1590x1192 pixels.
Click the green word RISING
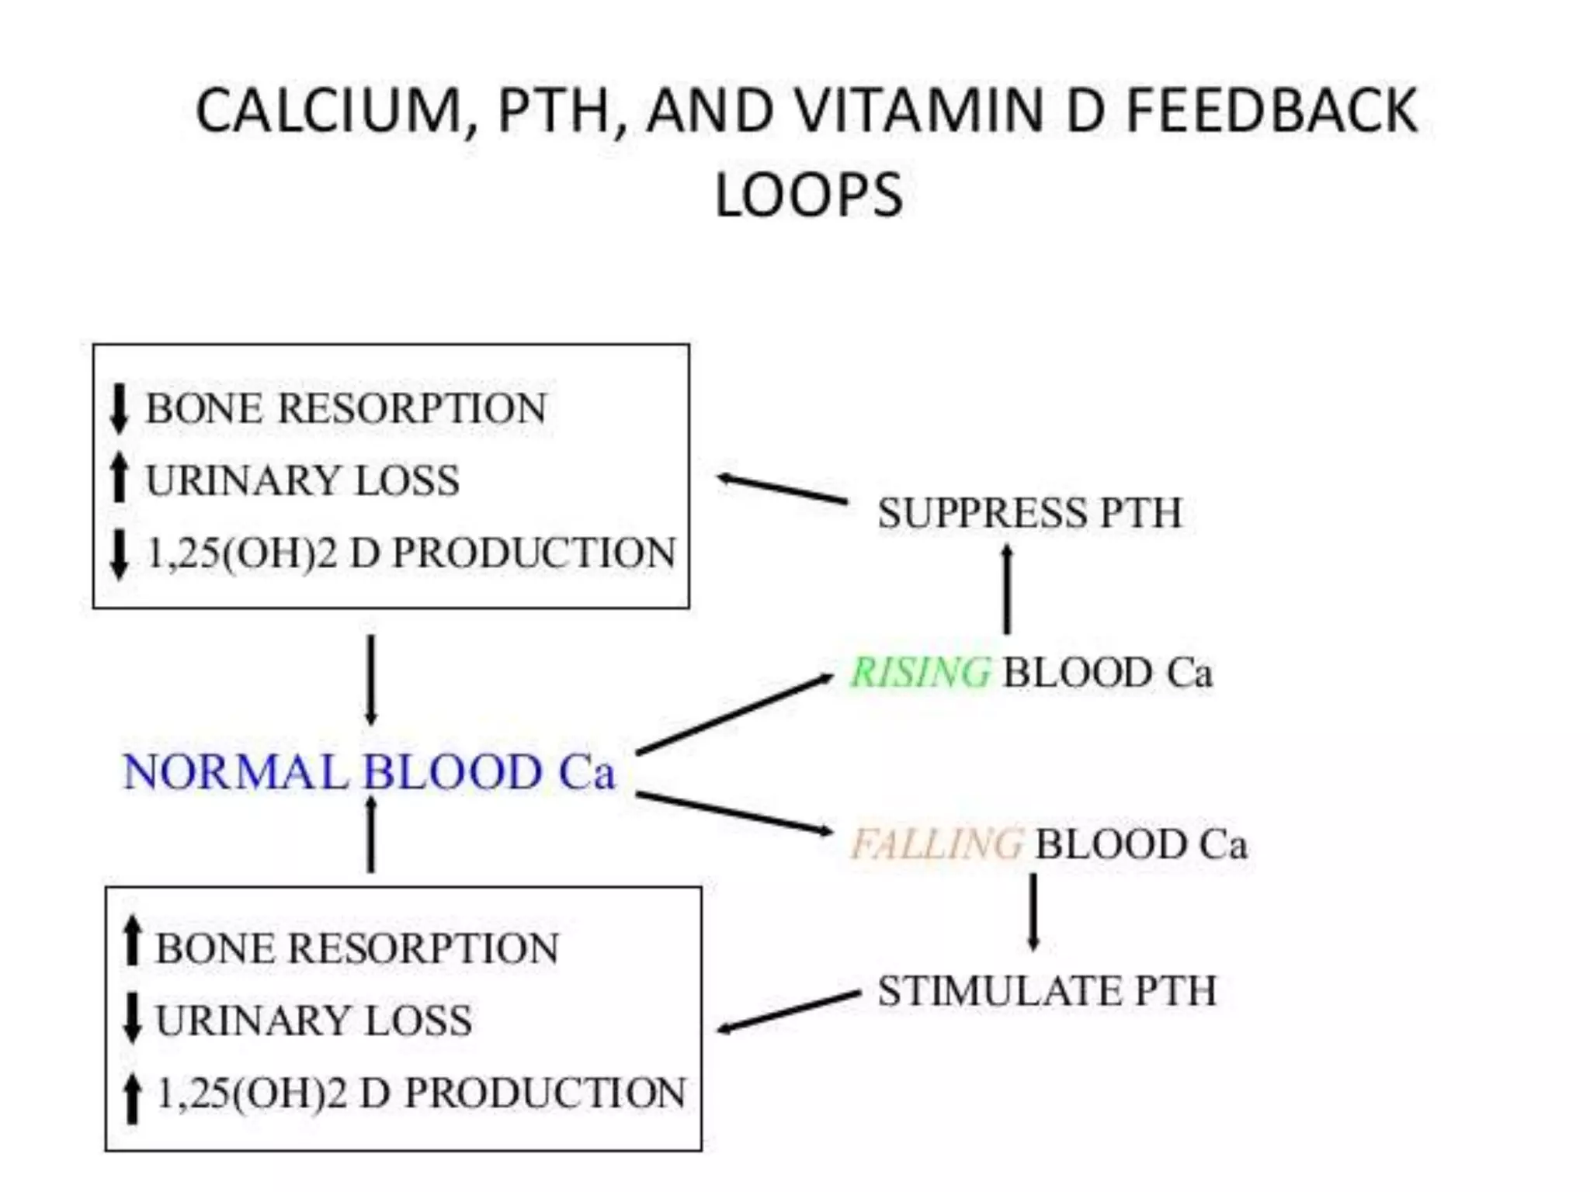pos(920,672)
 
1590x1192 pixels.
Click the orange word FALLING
pos(936,844)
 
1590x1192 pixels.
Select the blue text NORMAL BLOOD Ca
pos(369,772)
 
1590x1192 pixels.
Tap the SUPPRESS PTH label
pos(1029,513)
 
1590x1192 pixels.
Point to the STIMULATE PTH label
pos(1047,991)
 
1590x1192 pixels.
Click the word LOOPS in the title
pos(808,195)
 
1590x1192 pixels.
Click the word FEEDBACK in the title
pos(1271,111)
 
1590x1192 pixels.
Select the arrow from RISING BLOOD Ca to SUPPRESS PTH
pos(1007,590)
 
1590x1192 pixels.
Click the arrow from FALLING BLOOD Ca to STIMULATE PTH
pos(1033,913)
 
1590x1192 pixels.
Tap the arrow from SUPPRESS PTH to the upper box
pos(782,489)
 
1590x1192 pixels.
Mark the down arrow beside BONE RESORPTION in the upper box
pos(119,409)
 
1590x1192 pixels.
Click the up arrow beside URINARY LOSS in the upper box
pos(119,479)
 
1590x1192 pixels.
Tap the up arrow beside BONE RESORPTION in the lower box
pos(133,941)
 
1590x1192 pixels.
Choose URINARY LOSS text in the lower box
pos(314,1020)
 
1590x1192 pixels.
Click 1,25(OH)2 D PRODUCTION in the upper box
pos(411,553)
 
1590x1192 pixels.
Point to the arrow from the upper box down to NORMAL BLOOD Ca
pos(371,680)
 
